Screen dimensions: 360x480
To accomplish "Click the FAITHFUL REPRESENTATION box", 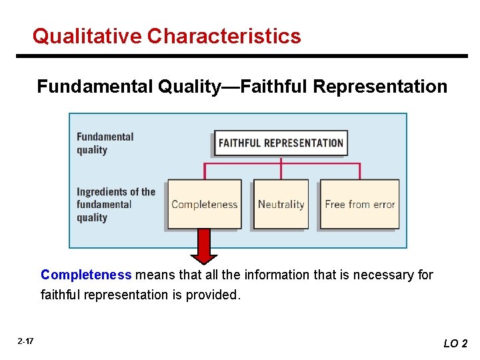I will tap(281, 143).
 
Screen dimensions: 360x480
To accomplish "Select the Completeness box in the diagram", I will tap(204, 204).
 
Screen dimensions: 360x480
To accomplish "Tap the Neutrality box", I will tap(281, 204).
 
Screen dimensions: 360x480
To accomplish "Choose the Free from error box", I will tap(359, 204).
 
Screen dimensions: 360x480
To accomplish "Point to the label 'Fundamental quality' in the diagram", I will tap(105, 143).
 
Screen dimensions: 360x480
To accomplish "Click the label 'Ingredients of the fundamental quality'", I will tap(115, 205).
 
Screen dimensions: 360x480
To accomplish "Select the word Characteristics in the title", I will tap(225, 36).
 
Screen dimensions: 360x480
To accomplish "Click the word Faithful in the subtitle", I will tap(274, 87).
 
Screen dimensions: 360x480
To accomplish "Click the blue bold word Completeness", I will tap(86, 275).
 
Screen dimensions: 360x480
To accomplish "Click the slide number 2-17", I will tap(25, 341).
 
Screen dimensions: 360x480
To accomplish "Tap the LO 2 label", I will tap(455, 343).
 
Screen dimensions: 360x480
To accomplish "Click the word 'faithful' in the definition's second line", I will tap(60, 295).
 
